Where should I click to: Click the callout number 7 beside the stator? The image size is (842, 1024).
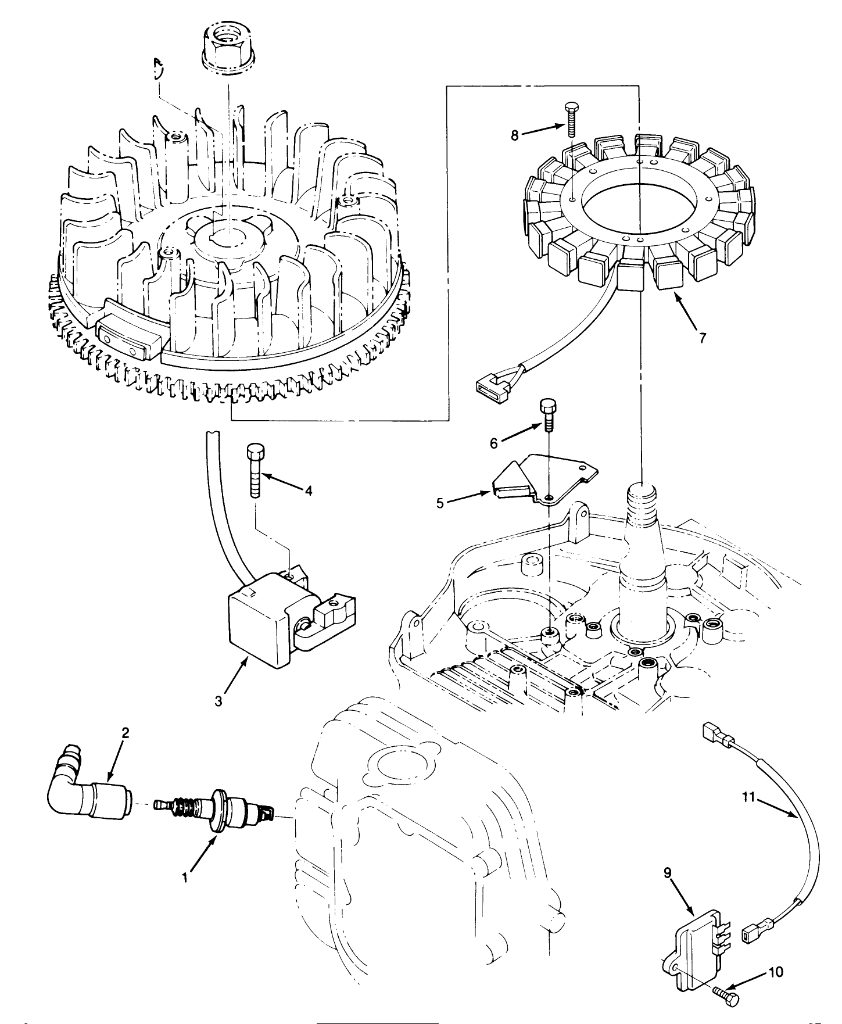[703, 338]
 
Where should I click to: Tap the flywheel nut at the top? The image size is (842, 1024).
[228, 44]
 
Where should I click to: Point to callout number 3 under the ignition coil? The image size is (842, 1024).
[218, 701]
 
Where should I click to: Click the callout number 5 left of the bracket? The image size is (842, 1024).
[440, 503]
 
